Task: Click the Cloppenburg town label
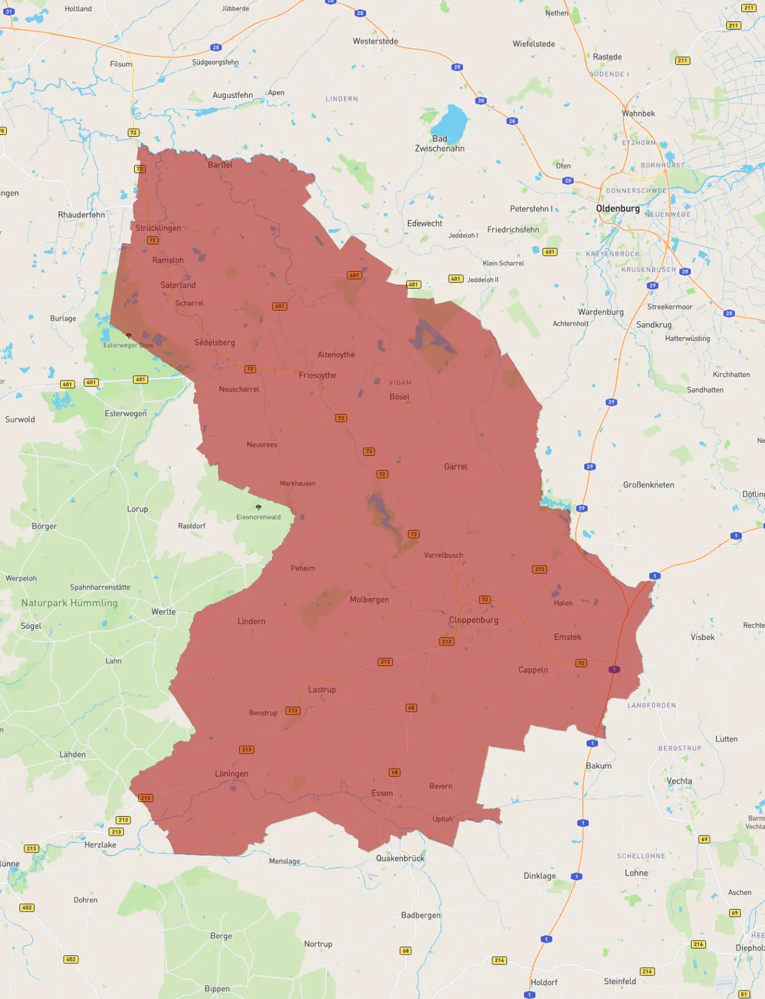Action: [474, 620]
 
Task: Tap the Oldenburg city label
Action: [617, 208]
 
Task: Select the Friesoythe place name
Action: [317, 375]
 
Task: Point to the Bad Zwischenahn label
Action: [440, 143]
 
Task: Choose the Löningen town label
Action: [231, 774]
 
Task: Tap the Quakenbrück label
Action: [400, 858]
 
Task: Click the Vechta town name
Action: [679, 781]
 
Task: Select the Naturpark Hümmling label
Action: [69, 603]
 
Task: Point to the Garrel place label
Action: [455, 467]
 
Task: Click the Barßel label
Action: [220, 165]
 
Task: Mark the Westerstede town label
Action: [375, 41]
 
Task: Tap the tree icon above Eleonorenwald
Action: [259, 507]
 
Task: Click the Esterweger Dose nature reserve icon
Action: [128, 335]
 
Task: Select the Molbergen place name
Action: [369, 600]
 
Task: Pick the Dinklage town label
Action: [540, 876]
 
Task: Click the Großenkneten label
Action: [648, 485]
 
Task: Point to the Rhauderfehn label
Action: [81, 215]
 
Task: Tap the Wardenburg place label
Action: [600, 312]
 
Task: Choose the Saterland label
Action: [178, 285]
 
